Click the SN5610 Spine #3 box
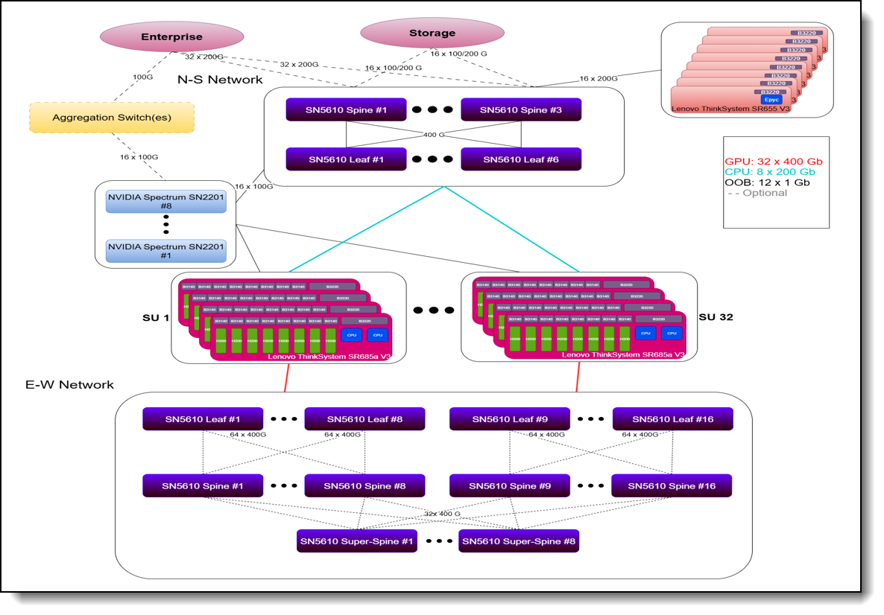pyautogui.click(x=521, y=110)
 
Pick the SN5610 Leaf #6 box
pyautogui.click(x=521, y=159)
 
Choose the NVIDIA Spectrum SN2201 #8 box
pyautogui.click(x=166, y=201)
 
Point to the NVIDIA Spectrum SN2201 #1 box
pyautogui.click(x=166, y=251)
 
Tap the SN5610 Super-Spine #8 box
pyautogui.click(x=519, y=540)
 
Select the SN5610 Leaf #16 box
pyautogui.click(x=672, y=419)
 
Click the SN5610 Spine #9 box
pyautogui.click(x=510, y=486)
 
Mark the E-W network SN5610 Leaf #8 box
pyautogui.click(x=364, y=419)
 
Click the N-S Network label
pyautogui.click(x=220, y=80)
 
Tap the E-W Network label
pyautogui.click(x=69, y=385)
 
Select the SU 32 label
pyautogui.click(x=716, y=317)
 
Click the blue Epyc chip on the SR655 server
pyautogui.click(x=770, y=99)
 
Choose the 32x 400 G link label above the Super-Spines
pyautogui.click(x=443, y=514)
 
